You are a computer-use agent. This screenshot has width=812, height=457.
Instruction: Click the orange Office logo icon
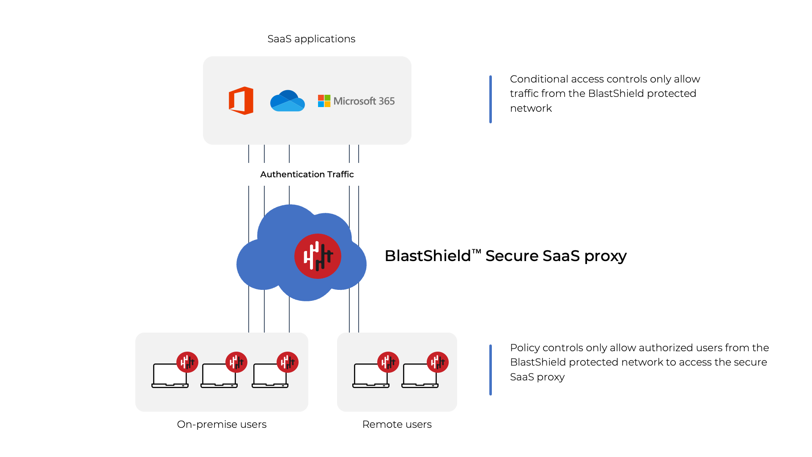241,101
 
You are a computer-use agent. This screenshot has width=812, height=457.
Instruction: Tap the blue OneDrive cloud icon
288,101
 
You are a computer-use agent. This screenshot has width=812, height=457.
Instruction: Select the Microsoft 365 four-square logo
324,101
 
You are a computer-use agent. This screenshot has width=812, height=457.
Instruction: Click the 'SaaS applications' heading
311,39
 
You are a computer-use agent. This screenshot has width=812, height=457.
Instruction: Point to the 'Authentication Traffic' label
307,174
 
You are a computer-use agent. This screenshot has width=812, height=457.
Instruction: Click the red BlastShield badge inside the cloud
318,256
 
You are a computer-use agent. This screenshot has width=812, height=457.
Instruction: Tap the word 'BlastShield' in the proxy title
428,256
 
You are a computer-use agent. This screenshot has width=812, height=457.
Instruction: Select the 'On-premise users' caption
222,424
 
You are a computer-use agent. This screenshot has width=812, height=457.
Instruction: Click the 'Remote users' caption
397,424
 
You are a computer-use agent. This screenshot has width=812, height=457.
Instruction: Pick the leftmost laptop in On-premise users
170,376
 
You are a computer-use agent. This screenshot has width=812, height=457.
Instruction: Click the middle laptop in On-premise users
219,376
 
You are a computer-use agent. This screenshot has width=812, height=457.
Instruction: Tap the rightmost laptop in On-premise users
270,376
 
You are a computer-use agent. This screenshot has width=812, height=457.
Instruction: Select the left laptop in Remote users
370,376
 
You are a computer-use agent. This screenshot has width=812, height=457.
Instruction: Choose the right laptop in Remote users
420,376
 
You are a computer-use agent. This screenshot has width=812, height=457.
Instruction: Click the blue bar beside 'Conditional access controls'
491,99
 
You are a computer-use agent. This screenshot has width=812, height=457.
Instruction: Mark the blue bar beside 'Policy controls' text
491,370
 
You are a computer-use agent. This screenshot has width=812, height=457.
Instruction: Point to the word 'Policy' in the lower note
524,348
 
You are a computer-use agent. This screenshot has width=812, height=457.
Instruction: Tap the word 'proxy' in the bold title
605,256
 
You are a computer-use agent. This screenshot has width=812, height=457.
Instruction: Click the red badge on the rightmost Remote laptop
437,362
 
